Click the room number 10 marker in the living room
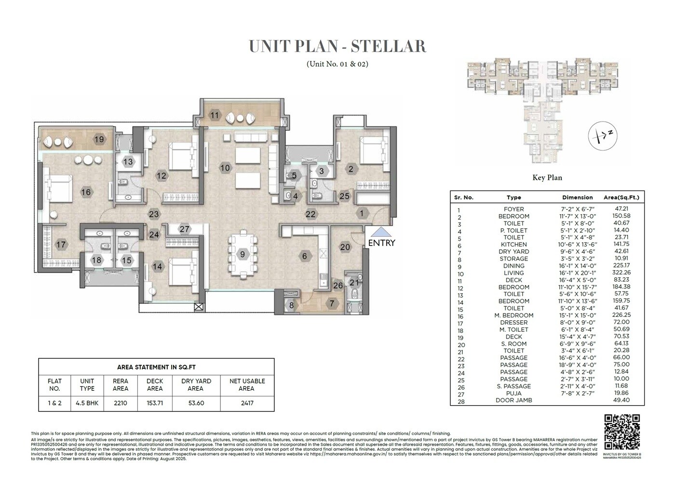pyautogui.click(x=225, y=168)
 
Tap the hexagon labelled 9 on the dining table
pyautogui.click(x=243, y=254)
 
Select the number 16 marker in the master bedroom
pyautogui.click(x=86, y=192)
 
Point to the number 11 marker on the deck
pyautogui.click(x=215, y=115)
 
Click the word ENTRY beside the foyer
pyautogui.click(x=381, y=243)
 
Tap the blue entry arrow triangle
pyautogui.click(x=381, y=232)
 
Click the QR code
pyautogui.click(x=622, y=432)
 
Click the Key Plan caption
pyautogui.click(x=547, y=177)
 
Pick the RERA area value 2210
pyautogui.click(x=121, y=403)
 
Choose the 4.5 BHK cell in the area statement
pyautogui.click(x=87, y=403)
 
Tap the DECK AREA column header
pyautogui.click(x=155, y=384)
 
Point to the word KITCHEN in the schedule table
pyautogui.click(x=513, y=245)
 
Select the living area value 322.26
pyautogui.click(x=622, y=273)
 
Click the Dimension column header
pyautogui.click(x=577, y=197)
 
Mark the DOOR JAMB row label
pyautogui.click(x=513, y=400)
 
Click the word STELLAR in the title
pyautogui.click(x=388, y=46)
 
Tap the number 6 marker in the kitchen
pyautogui.click(x=304, y=256)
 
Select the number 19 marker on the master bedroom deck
pyautogui.click(x=99, y=140)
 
